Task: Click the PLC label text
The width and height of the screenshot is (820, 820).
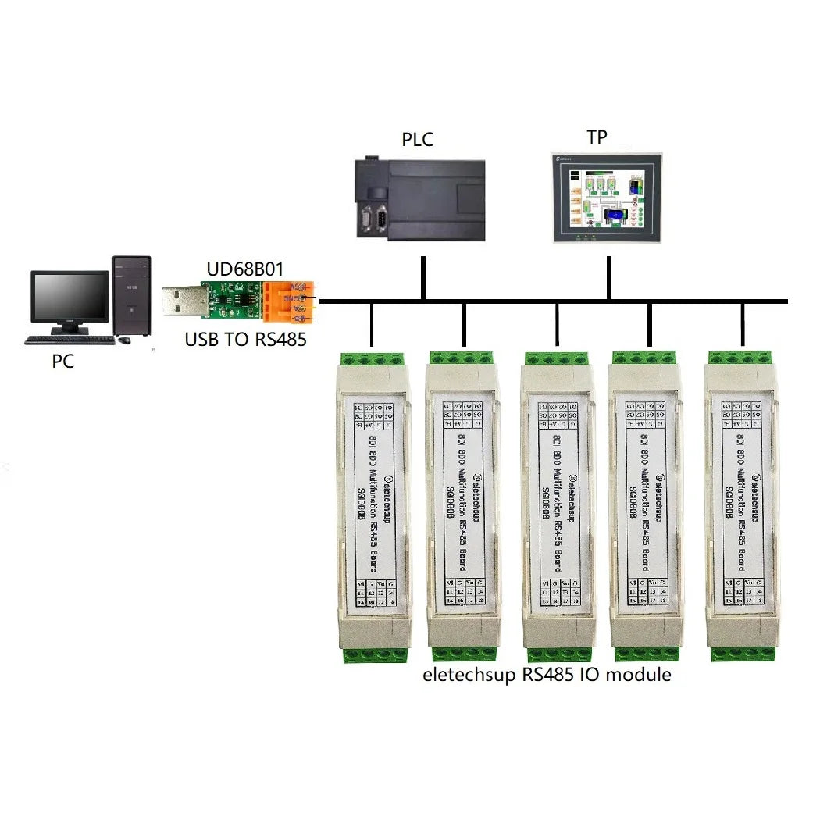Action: pyautogui.click(x=417, y=140)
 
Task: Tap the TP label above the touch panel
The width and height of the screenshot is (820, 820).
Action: pyautogui.click(x=597, y=137)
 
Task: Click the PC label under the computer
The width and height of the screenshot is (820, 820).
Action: pyautogui.click(x=62, y=362)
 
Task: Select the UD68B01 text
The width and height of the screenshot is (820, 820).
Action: pyautogui.click(x=244, y=269)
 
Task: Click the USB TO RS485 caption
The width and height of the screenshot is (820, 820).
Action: pyautogui.click(x=245, y=340)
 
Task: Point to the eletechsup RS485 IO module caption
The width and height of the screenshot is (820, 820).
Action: pyautogui.click(x=547, y=675)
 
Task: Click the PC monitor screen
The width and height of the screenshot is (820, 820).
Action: pyautogui.click(x=69, y=298)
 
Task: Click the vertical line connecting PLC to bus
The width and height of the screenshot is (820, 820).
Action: pyautogui.click(x=423, y=277)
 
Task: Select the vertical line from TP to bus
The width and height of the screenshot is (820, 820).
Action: pyautogui.click(x=608, y=277)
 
